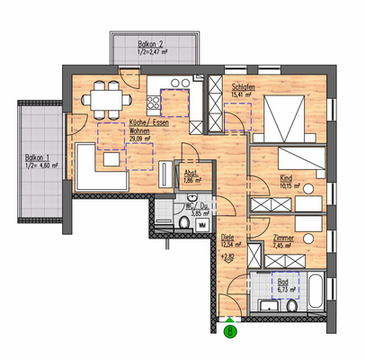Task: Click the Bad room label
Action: click(284, 283)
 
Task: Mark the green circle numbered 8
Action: click(231, 331)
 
